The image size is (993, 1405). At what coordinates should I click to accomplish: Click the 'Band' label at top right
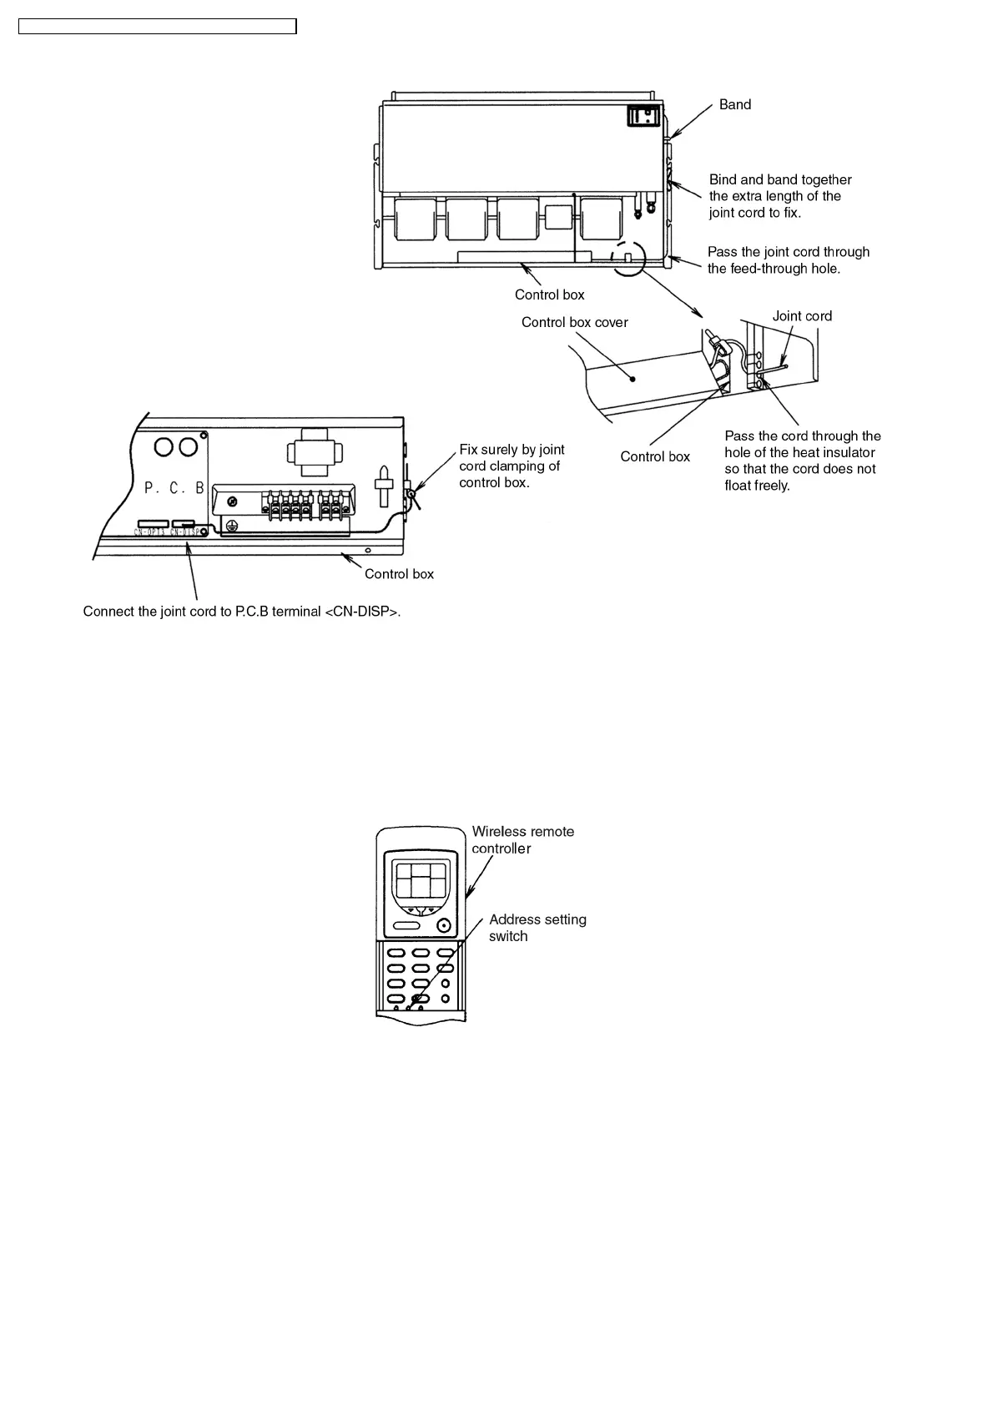734,104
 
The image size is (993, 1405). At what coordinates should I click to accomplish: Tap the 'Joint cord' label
801,316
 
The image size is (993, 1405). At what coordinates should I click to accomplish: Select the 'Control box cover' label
574,322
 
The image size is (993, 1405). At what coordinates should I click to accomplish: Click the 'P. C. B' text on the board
174,487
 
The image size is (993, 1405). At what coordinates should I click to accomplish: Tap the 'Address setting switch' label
537,928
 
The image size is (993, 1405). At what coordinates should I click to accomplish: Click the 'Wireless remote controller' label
522,840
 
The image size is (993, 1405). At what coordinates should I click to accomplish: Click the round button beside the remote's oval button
443,925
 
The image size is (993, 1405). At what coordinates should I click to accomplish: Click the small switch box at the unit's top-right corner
644,115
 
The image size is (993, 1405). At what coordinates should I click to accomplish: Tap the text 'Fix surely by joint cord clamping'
512,466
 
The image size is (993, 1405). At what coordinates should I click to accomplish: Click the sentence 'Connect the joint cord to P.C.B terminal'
241,612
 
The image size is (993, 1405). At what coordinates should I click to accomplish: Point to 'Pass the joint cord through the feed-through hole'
788,260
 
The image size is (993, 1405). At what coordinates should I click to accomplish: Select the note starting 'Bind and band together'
779,196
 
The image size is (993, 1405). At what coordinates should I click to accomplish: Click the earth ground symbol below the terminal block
234,526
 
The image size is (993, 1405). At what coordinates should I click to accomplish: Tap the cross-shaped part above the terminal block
314,453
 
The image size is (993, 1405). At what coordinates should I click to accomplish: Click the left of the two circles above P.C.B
164,446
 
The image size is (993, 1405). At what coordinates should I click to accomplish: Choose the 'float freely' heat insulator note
802,461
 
